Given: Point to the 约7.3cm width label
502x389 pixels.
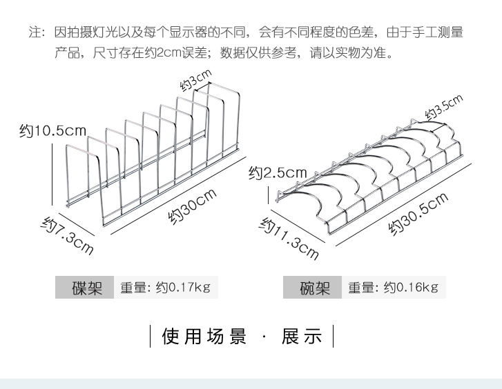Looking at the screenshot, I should click(67, 234).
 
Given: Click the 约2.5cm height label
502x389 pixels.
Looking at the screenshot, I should click(278, 172).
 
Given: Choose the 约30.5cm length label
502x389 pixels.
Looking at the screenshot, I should click(418, 214).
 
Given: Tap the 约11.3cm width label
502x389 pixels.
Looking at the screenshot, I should click(289, 238).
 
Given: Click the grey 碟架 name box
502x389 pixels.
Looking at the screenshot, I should click(87, 288).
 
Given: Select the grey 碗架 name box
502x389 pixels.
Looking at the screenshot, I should click(315, 288).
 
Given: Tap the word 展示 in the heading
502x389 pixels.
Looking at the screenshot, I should click(302, 337).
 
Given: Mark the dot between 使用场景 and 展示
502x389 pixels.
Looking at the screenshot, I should click(264, 337).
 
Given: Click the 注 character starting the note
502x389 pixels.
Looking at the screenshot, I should click(34, 32).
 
